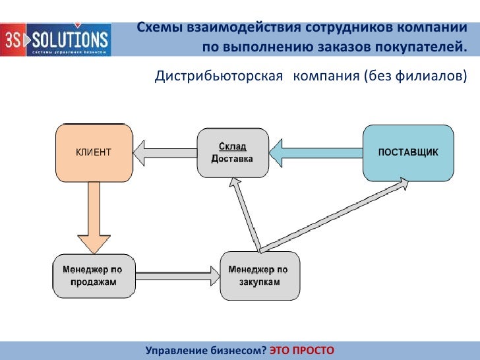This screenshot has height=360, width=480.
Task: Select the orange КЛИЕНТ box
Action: (93, 152)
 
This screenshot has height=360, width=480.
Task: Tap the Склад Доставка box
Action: (233, 152)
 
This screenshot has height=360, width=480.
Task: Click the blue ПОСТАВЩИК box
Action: (408, 152)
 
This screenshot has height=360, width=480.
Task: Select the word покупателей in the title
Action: (416, 47)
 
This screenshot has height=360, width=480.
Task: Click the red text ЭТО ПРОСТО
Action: (302, 349)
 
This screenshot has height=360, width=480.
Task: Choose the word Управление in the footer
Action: (177, 349)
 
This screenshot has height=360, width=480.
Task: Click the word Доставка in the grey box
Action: (231, 159)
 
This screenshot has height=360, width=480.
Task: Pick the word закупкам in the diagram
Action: (259, 283)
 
